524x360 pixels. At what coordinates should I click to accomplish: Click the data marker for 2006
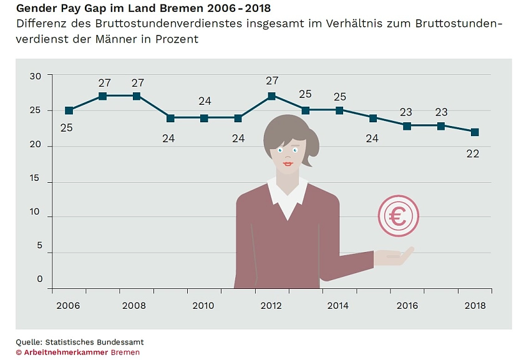pyautogui.click(x=69, y=110)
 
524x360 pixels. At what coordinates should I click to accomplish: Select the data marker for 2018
pyautogui.click(x=475, y=132)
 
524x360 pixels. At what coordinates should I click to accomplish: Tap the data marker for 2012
pyautogui.click(x=271, y=96)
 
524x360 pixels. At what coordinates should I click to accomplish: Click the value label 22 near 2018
pyautogui.click(x=473, y=153)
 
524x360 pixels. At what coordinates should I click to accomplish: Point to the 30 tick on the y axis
pyautogui.click(x=36, y=76)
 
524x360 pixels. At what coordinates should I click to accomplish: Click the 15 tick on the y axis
pyautogui.click(x=36, y=178)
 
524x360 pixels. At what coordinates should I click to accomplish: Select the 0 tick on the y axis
pyautogui.click(x=40, y=280)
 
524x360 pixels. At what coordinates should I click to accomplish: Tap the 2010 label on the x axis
pyautogui.click(x=203, y=306)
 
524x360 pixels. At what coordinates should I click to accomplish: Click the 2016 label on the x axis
pyautogui.click(x=407, y=306)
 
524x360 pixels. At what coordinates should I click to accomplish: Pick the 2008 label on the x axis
pyautogui.click(x=135, y=306)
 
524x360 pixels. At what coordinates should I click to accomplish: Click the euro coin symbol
pyautogui.click(x=398, y=216)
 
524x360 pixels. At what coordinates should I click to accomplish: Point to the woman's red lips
pyautogui.click(x=288, y=164)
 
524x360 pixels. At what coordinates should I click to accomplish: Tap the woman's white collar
pyautogui.click(x=288, y=195)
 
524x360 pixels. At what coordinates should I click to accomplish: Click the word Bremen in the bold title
pyautogui.click(x=179, y=9)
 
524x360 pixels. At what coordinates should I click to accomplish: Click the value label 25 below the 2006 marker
pyautogui.click(x=67, y=128)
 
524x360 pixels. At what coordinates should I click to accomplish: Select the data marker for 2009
pyautogui.click(x=170, y=117)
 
